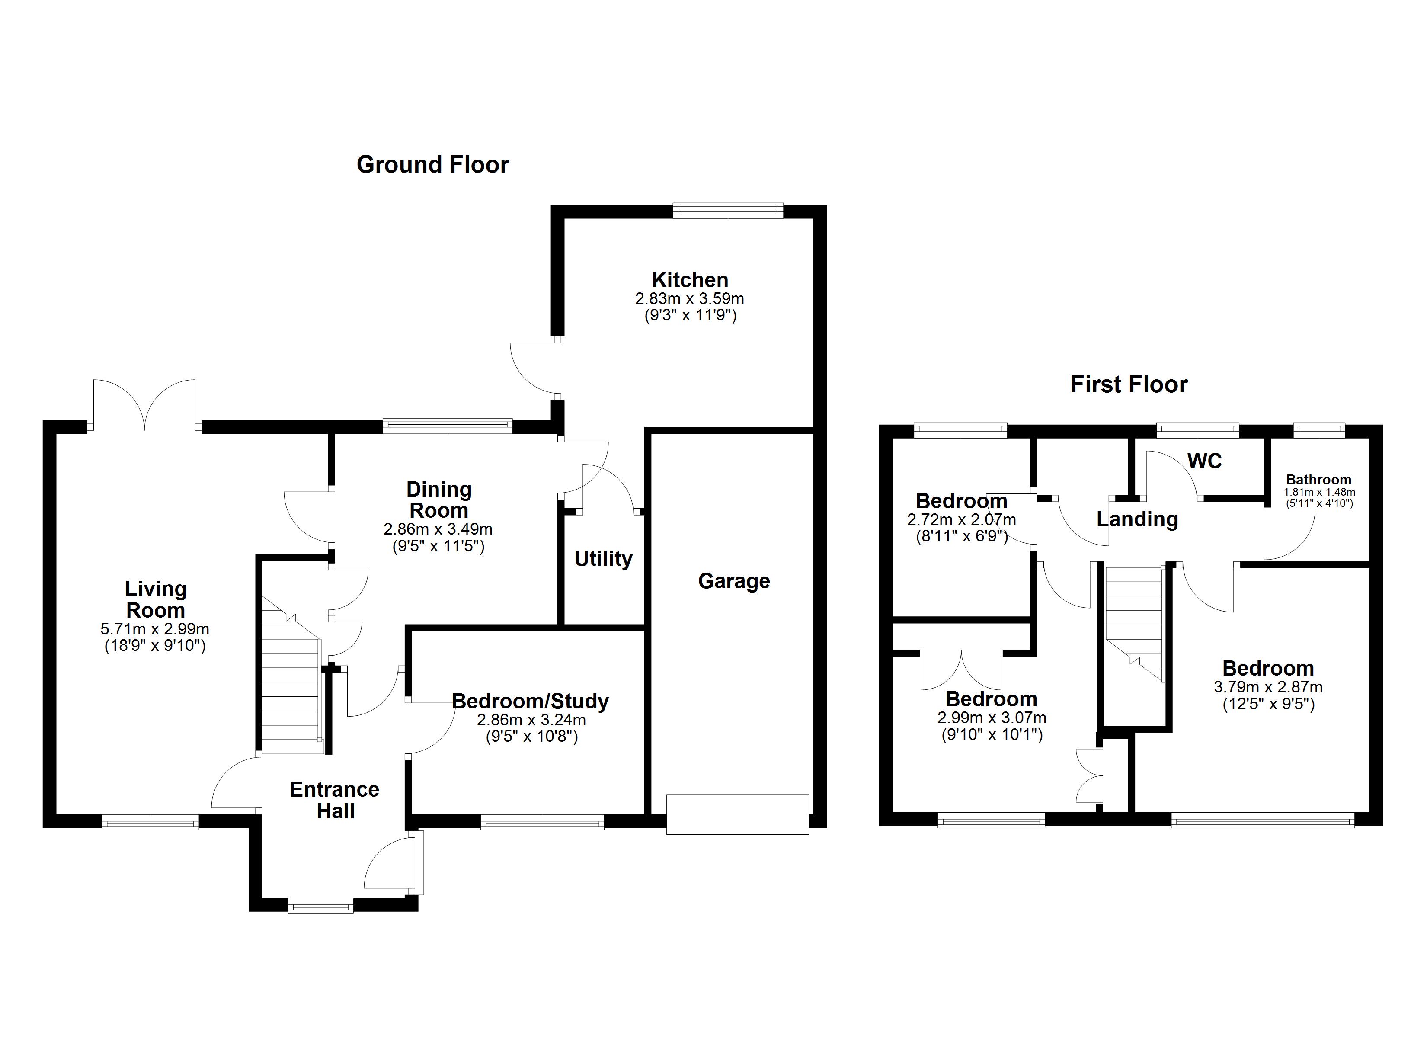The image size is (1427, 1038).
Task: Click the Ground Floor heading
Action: pos(432,165)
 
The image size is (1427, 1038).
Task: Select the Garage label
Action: pos(734,580)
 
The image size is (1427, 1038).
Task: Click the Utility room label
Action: pos(603,558)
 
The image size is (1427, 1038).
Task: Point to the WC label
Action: pos(1204,461)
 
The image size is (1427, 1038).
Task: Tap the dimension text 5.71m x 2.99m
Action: pos(155,629)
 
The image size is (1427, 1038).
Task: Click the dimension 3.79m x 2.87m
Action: pos(1268,687)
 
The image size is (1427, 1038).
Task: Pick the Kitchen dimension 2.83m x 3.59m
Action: pos(690,299)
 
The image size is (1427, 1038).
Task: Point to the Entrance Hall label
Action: pos(335,800)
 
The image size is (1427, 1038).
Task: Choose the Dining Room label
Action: pos(438,500)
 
